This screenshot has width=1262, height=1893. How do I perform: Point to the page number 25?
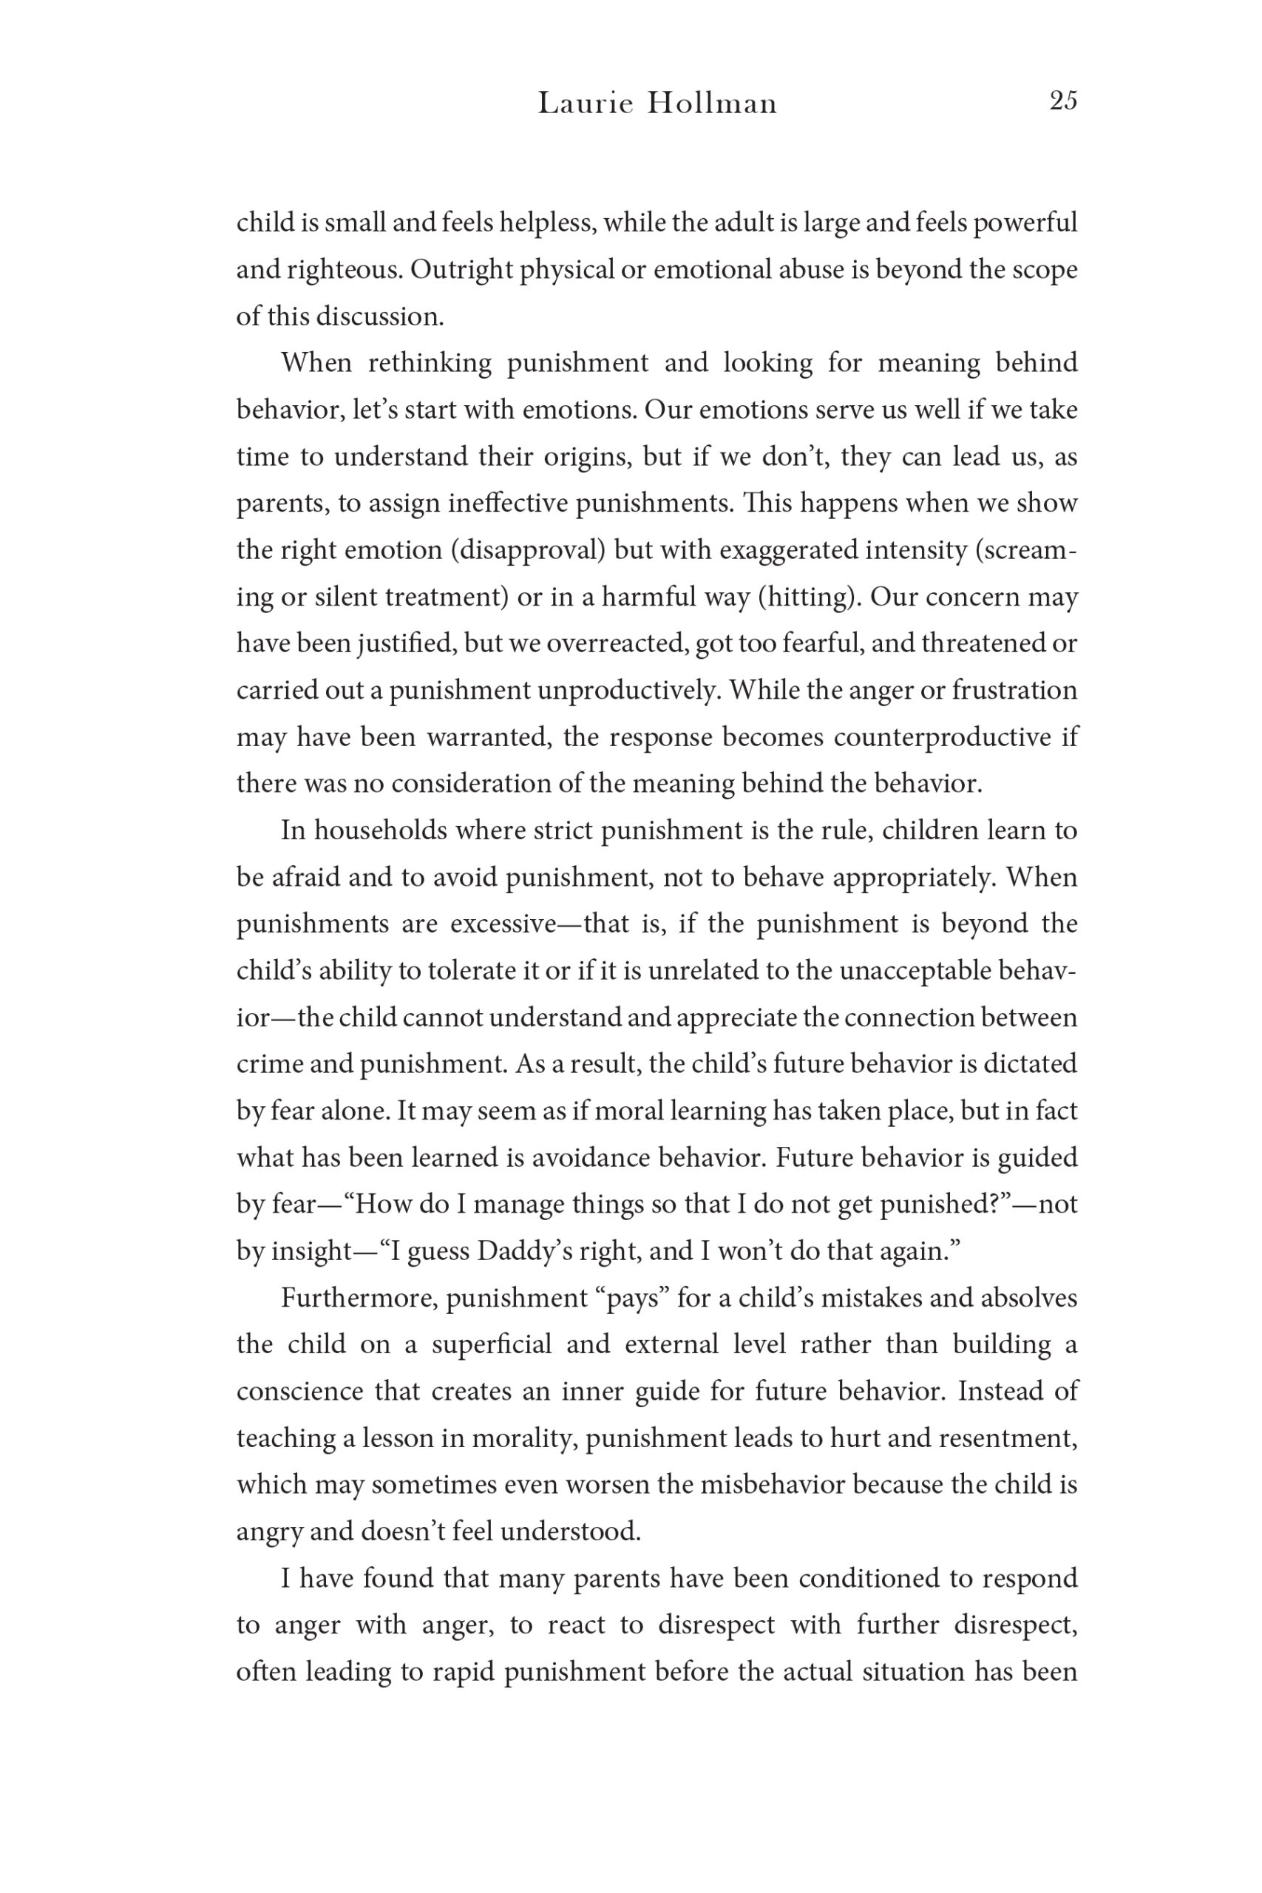tap(1062, 101)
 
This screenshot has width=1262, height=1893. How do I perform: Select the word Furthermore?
tap(359, 1298)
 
